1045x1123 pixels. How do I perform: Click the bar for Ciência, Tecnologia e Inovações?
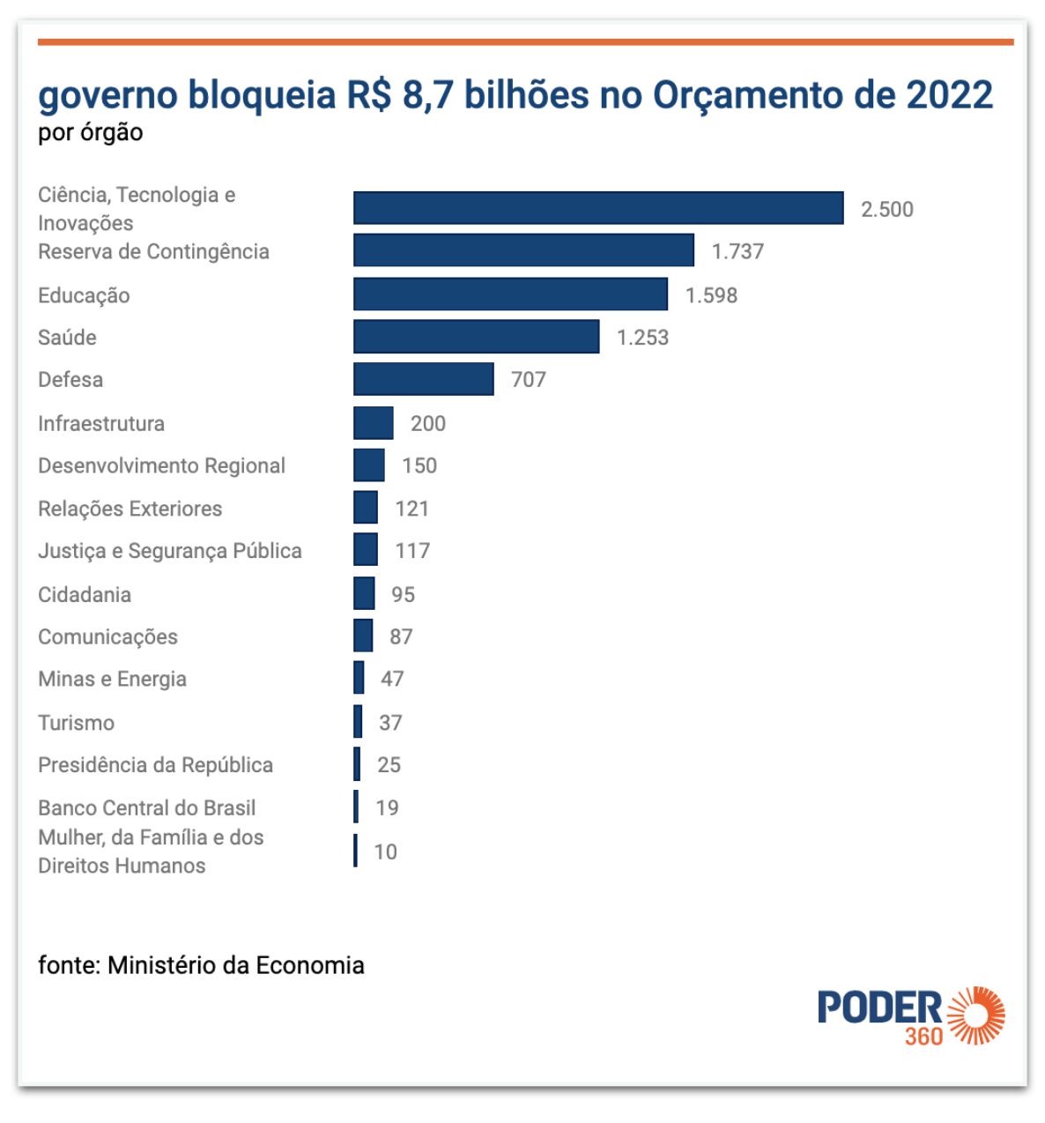point(598,208)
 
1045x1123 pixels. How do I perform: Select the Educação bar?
point(511,294)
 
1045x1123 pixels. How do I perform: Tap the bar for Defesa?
point(424,379)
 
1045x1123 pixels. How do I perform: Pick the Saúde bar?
point(476,337)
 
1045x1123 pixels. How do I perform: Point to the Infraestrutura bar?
point(374,423)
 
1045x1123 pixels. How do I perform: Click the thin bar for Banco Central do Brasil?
point(356,807)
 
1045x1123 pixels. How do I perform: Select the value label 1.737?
point(737,251)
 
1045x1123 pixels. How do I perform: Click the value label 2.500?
point(886,209)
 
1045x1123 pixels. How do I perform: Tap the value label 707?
point(528,379)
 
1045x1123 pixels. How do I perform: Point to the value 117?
point(412,551)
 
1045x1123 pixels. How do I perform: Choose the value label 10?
point(386,852)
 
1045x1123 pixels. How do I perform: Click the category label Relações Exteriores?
point(130,509)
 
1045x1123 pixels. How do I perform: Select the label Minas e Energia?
point(112,679)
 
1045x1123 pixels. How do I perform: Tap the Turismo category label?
point(77,723)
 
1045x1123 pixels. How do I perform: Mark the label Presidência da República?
point(155,765)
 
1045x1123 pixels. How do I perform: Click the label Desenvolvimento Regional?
point(162,466)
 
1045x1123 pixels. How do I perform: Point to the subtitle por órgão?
point(91,133)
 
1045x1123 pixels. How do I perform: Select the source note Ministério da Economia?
point(236,965)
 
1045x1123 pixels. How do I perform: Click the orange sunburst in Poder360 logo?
point(976,1015)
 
